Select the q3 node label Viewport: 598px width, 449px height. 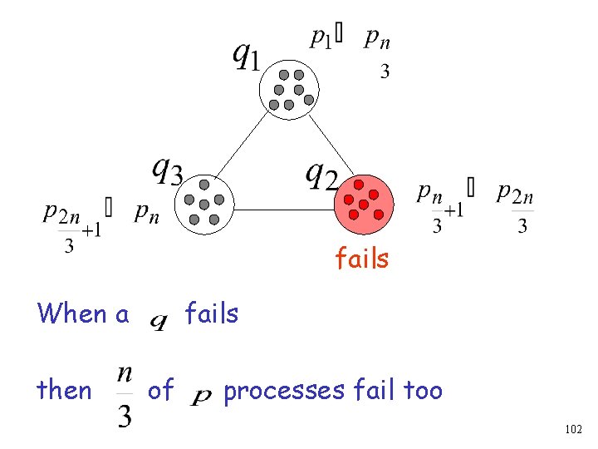click(168, 170)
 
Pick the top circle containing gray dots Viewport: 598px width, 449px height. click(289, 88)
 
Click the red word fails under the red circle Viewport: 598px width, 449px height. click(361, 259)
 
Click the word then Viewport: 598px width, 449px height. click(64, 389)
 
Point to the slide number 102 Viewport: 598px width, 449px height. click(572, 429)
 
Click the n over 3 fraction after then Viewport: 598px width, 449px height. click(124, 396)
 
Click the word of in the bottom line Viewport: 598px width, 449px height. click(160, 389)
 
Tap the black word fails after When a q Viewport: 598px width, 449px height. click(212, 313)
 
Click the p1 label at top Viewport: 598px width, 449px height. click(321, 37)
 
